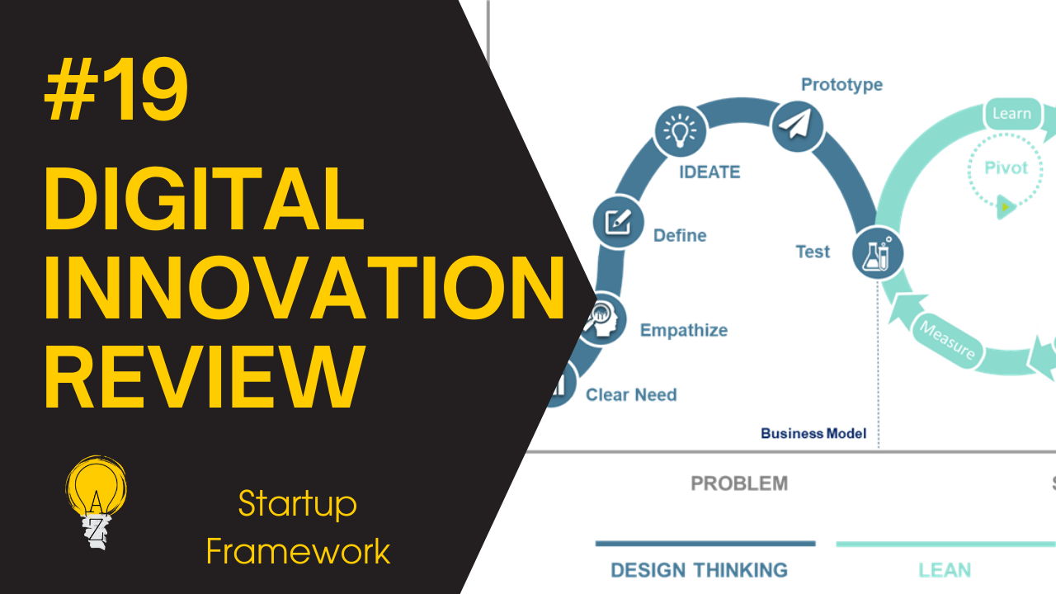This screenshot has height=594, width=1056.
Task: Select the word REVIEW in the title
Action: point(204,379)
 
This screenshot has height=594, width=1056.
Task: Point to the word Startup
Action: point(297,503)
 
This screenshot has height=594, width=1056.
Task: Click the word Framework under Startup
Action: point(298,551)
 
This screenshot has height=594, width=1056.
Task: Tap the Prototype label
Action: point(841,84)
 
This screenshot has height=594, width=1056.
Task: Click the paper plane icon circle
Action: point(797,125)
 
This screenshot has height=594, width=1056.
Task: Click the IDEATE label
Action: point(709,172)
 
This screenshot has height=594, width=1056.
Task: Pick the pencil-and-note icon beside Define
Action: point(618,221)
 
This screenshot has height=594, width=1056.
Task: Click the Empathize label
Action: point(684,330)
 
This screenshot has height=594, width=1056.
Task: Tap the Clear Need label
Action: point(631,394)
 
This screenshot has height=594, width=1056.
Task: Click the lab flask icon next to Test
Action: point(877,252)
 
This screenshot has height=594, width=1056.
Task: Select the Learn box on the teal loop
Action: point(1011,114)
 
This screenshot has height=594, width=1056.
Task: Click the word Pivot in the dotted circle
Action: point(1006,167)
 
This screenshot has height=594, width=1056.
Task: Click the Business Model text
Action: point(813,433)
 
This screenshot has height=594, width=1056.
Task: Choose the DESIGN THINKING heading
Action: point(699,569)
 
